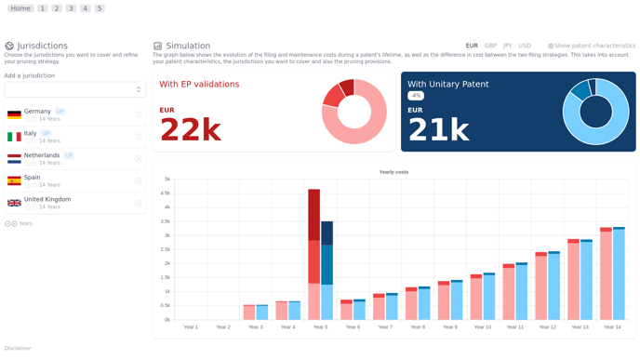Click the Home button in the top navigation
pyautogui.click(x=20, y=8)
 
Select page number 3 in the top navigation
pyautogui.click(x=71, y=8)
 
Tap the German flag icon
pyautogui.click(x=14, y=114)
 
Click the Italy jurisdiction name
pyautogui.click(x=31, y=133)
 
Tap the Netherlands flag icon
pyautogui.click(x=14, y=159)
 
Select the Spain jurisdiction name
pyautogui.click(x=33, y=177)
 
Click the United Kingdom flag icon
pyautogui.click(x=14, y=203)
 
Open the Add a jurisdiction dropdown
pyautogui.click(x=74, y=89)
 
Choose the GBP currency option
pyautogui.click(x=490, y=46)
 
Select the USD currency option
pyautogui.click(x=525, y=46)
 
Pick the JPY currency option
pyautogui.click(x=507, y=46)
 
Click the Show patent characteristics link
pyautogui.click(x=593, y=46)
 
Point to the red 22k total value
pyautogui.click(x=190, y=130)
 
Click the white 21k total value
pyautogui.click(x=438, y=130)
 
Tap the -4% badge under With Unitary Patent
pyautogui.click(x=416, y=96)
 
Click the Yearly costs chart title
pyautogui.click(x=393, y=172)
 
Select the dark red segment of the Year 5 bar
pyautogui.click(x=314, y=214)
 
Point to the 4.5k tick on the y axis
pyautogui.click(x=167, y=193)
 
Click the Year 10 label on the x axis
pyautogui.click(x=482, y=327)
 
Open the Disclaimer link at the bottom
pyautogui.click(x=18, y=348)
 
